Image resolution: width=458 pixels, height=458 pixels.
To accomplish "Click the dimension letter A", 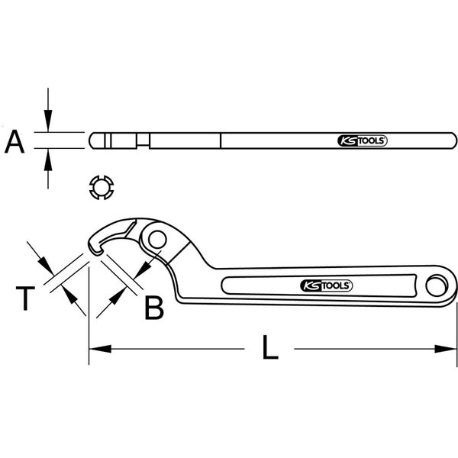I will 18,142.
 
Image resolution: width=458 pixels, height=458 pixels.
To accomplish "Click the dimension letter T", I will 25,298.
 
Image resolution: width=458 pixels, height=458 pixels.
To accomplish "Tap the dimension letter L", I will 269,348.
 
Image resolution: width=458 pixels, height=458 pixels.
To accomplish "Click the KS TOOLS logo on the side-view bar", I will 363,141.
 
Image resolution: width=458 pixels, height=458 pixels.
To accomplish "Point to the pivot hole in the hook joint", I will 159,240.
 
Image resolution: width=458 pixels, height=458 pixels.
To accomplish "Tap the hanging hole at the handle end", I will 437,286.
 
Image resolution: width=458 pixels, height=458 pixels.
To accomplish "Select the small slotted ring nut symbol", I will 100,188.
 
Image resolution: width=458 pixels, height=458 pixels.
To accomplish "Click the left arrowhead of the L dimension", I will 95,349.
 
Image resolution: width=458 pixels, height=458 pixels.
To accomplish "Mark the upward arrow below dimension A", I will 48,158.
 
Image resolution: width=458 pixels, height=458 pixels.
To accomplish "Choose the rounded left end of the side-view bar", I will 92,142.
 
